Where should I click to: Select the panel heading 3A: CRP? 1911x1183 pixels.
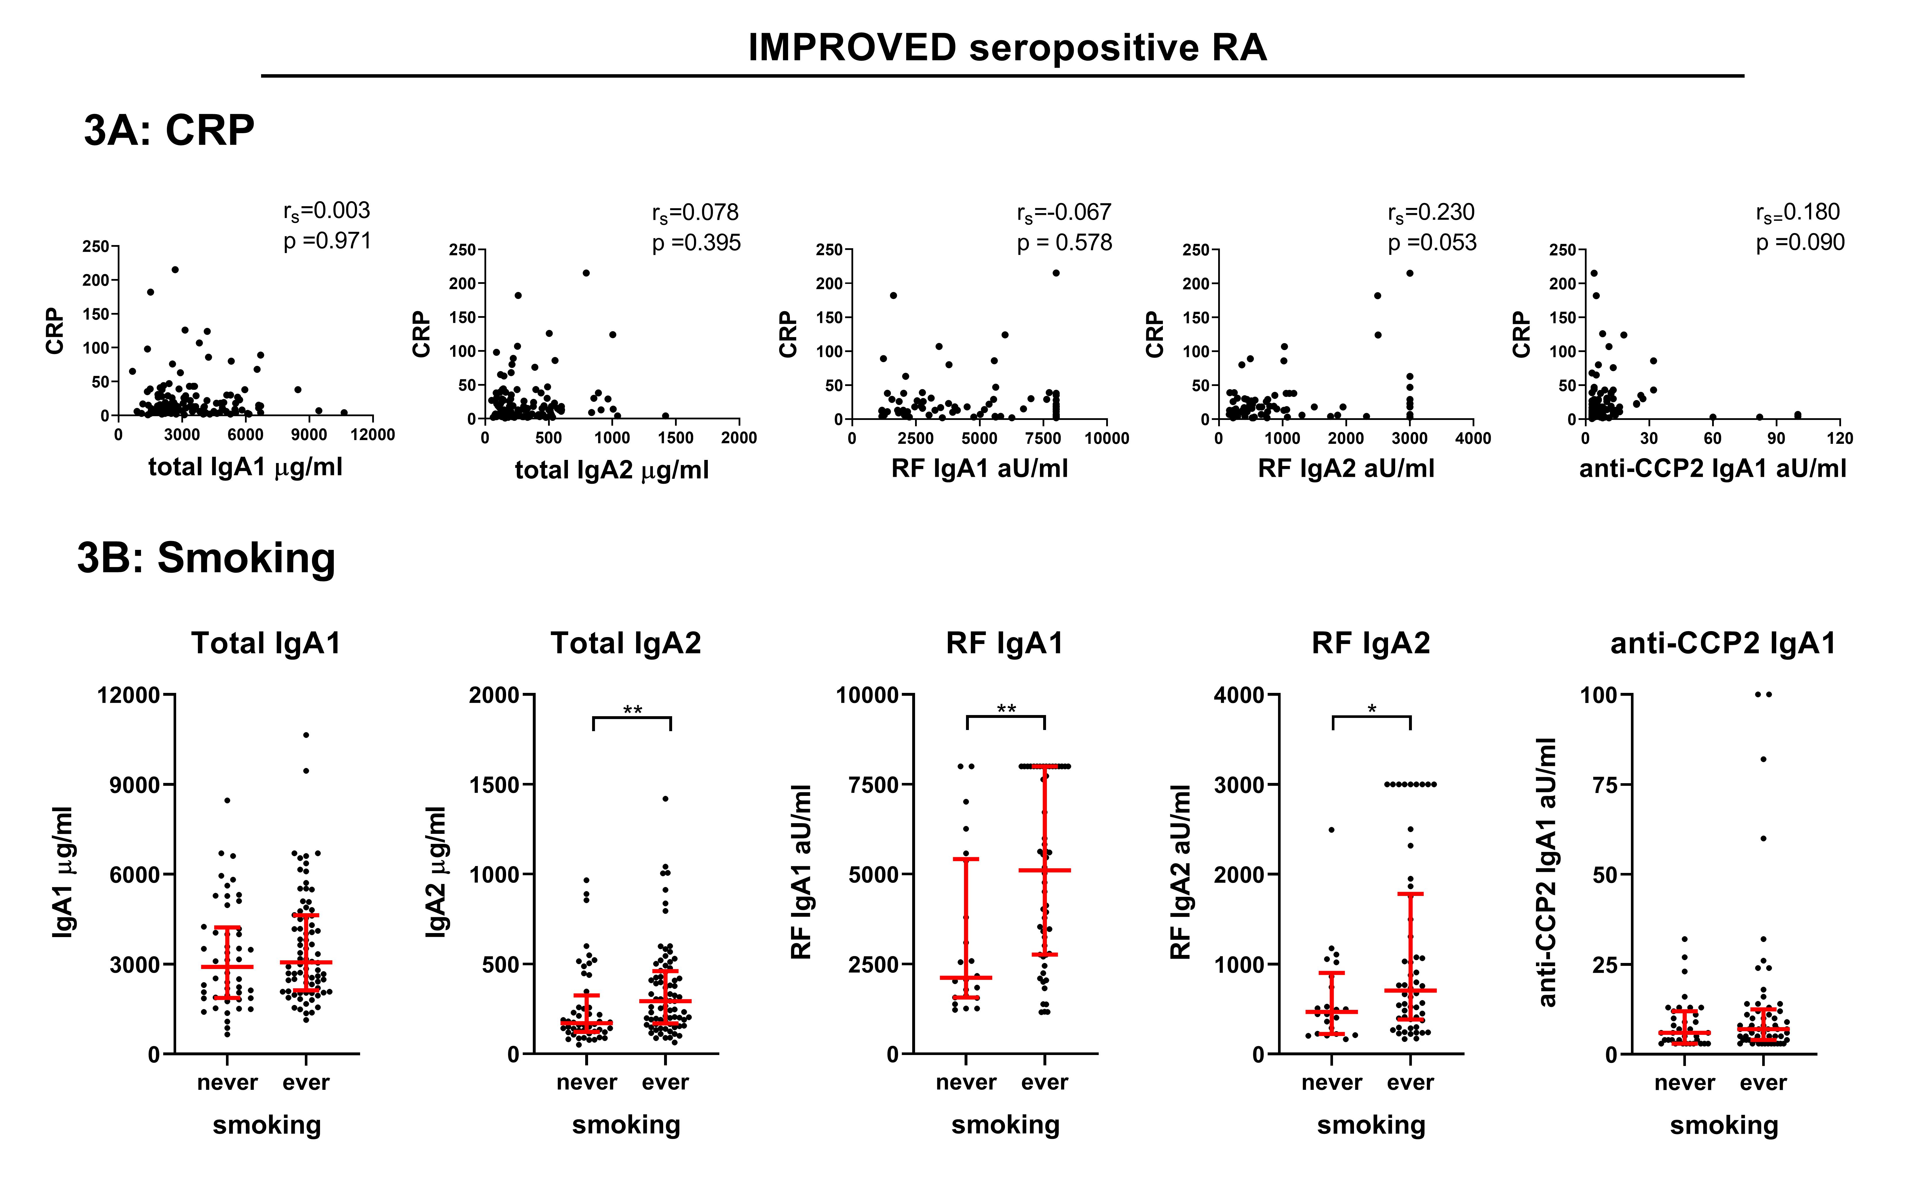pyautogui.click(x=169, y=130)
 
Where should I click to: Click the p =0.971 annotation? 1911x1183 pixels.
pyautogui.click(x=327, y=241)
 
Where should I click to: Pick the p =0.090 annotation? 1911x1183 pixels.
pyautogui.click(x=1800, y=242)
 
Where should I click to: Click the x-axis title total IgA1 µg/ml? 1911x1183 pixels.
pyautogui.click(x=245, y=467)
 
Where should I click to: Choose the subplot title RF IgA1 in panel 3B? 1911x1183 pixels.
pyautogui.click(x=1004, y=643)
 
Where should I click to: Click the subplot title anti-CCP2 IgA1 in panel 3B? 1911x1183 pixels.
pyautogui.click(x=1723, y=643)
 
